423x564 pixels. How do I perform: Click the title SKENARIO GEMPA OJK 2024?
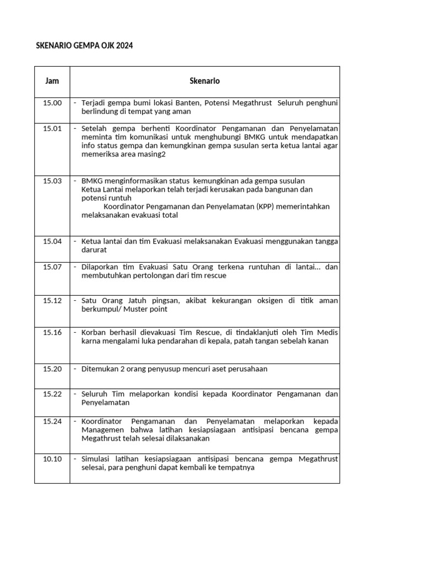pyautogui.click(x=84, y=46)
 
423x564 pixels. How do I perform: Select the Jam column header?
pyautogui.click(x=52, y=80)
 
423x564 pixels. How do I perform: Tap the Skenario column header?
pyautogui.click(x=204, y=80)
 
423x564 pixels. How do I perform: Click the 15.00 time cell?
pyautogui.click(x=52, y=103)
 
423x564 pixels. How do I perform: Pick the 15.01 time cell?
pyautogui.click(x=52, y=128)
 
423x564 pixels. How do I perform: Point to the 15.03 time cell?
pyautogui.click(x=52, y=181)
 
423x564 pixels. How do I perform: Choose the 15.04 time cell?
pyautogui.click(x=52, y=241)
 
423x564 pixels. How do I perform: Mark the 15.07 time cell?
pyautogui.click(x=52, y=267)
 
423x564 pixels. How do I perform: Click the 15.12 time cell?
pyautogui.click(x=52, y=301)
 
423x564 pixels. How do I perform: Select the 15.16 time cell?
pyautogui.click(x=52, y=332)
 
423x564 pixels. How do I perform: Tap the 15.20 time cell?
pyautogui.click(x=52, y=369)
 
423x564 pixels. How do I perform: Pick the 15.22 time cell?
pyautogui.click(x=52, y=394)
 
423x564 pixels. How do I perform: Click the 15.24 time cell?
pyautogui.click(x=52, y=421)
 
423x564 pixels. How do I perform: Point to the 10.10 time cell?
pyautogui.click(x=52, y=459)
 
